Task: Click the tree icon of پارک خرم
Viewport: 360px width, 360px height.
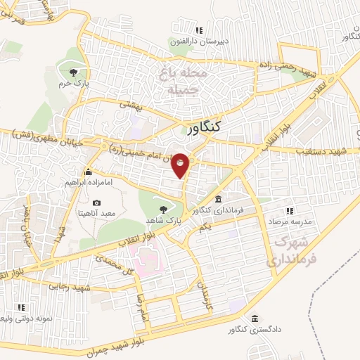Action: pos(74,71)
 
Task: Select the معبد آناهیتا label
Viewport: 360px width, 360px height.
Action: pos(98,213)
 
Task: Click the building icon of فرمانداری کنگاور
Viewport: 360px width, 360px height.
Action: pos(219,200)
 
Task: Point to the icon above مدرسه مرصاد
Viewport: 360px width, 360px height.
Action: pos(288,210)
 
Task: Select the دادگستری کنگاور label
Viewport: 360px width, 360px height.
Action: pos(252,330)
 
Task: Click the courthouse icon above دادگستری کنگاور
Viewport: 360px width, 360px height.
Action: pos(255,319)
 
